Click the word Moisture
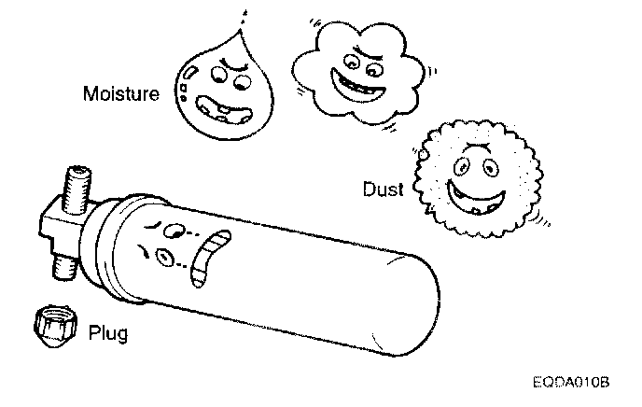point(120,93)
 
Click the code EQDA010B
point(572,383)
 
